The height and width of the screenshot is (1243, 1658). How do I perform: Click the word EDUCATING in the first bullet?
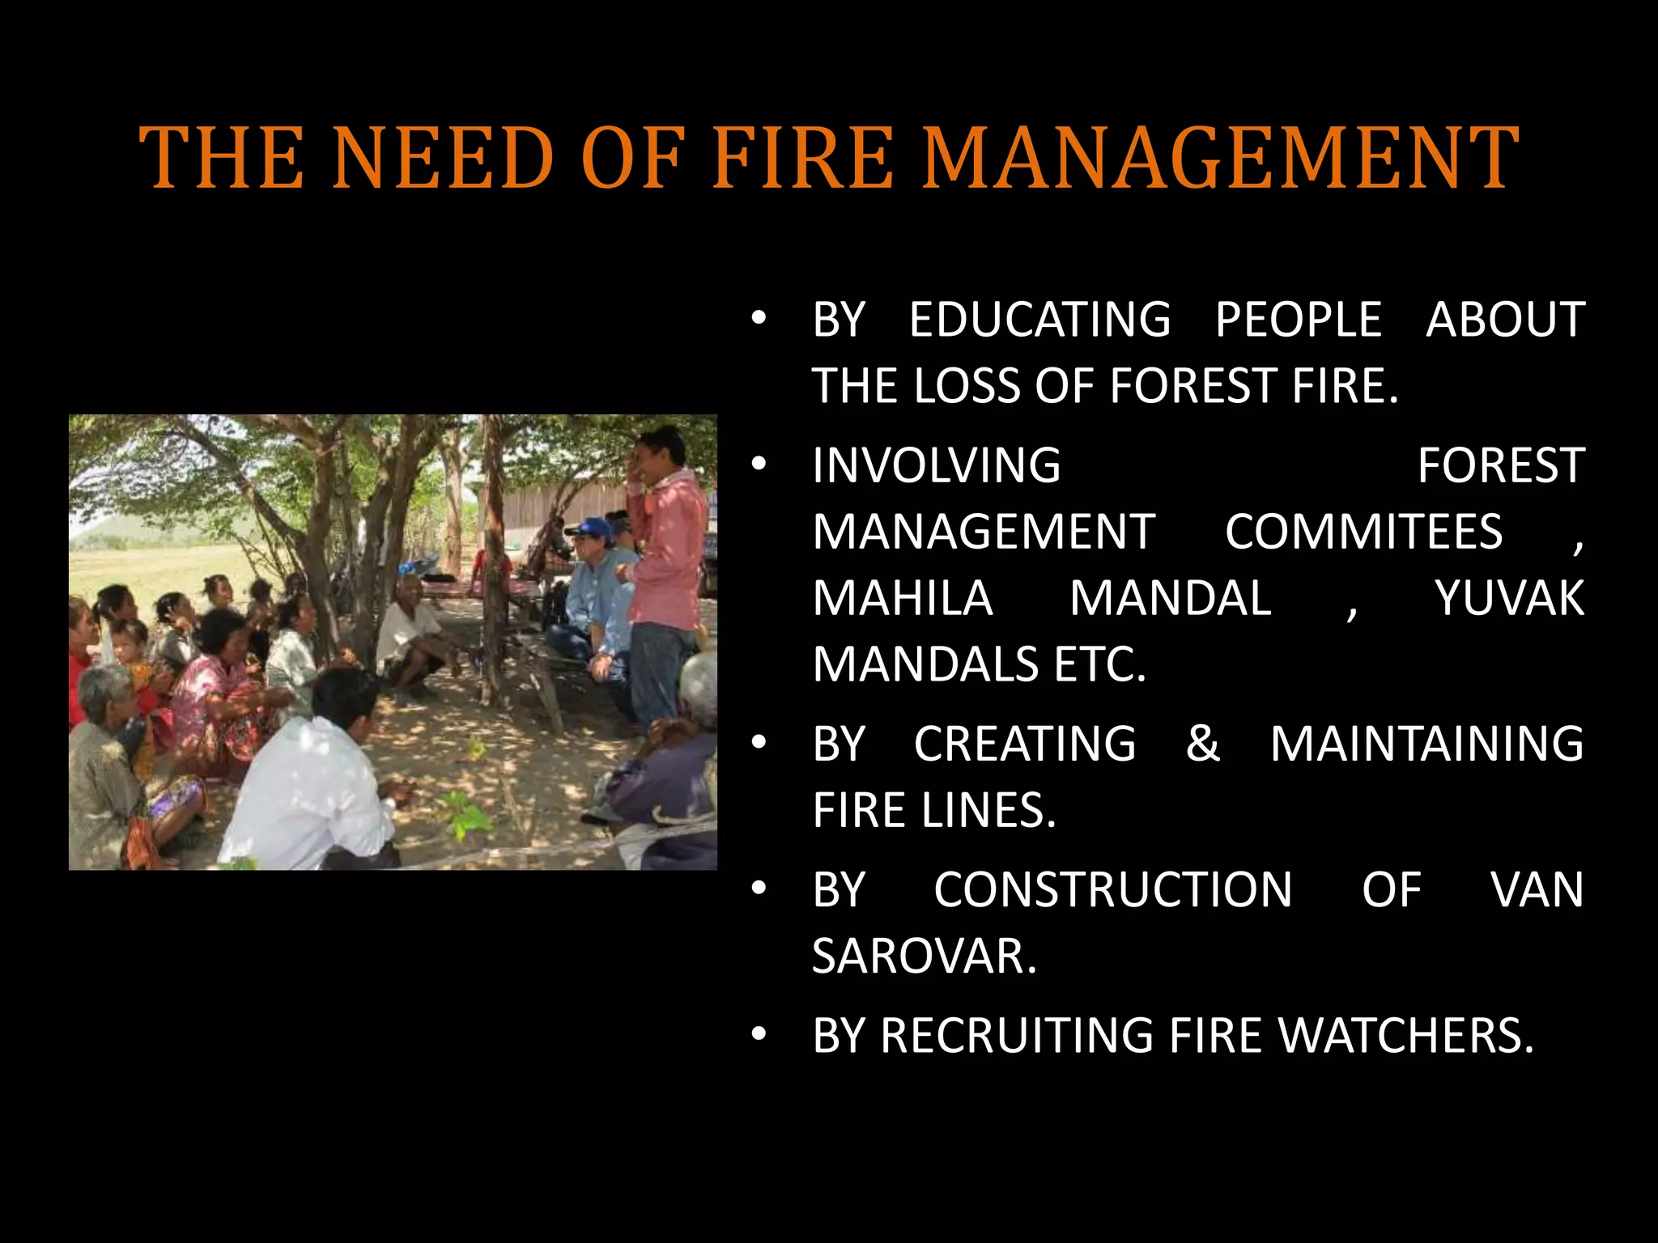[1039, 319]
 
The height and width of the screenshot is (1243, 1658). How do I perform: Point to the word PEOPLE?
[1298, 319]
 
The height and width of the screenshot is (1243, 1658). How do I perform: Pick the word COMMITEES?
[1363, 532]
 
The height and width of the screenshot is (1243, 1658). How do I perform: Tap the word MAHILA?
[903, 598]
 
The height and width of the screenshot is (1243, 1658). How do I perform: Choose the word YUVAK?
[1509, 598]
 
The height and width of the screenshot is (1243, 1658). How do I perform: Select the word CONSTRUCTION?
[1112, 889]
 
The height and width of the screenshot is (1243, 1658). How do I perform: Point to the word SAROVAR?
[924, 956]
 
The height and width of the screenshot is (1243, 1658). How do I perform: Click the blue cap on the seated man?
[590, 527]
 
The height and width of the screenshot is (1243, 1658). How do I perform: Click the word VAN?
[1537, 889]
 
